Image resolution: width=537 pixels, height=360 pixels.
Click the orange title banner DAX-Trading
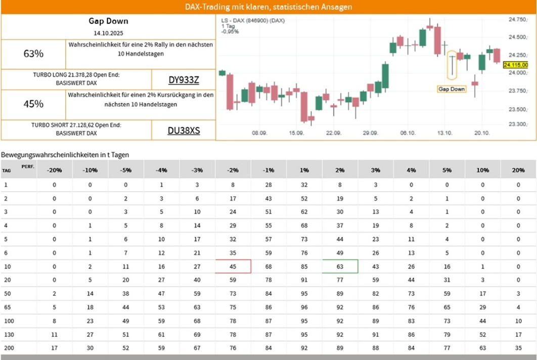click(268, 7)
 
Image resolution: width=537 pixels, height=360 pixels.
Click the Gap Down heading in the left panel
click(108, 21)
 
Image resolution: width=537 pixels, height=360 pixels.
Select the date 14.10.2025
click(108, 33)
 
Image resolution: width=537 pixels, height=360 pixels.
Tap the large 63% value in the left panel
click(33, 54)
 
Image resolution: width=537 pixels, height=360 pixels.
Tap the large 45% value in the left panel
click(33, 104)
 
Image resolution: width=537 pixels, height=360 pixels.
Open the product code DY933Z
click(184, 80)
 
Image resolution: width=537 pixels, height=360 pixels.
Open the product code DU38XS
click(184, 130)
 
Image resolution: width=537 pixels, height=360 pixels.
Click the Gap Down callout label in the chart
click(452, 89)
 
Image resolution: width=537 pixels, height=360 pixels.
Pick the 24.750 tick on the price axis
click(518, 20)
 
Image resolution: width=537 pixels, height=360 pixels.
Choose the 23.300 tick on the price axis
click(518, 124)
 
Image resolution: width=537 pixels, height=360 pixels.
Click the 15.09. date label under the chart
click(296, 133)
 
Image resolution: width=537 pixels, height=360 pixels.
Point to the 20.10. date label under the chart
click(481, 133)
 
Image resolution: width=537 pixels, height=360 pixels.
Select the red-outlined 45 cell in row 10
click(233, 266)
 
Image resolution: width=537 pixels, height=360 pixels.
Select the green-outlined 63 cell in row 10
click(340, 266)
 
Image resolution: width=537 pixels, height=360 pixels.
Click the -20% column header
click(54, 170)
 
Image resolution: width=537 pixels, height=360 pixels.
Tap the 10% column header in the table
click(482, 170)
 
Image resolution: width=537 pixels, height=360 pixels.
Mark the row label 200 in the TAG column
click(8, 348)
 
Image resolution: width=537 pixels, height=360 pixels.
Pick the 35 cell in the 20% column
click(518, 348)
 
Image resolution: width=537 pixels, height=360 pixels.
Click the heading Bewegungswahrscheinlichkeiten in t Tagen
click(65, 154)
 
